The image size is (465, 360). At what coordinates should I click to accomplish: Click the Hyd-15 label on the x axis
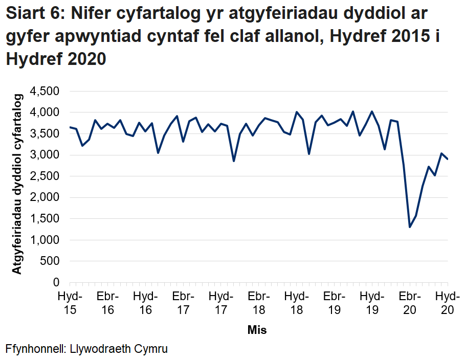pyautogui.click(x=70, y=303)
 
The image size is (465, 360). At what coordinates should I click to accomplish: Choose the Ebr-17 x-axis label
pyautogui.click(x=183, y=303)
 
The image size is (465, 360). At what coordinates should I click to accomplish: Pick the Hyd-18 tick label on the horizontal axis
pyautogui.click(x=296, y=303)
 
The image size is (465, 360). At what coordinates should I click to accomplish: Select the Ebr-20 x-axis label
pyautogui.click(x=410, y=303)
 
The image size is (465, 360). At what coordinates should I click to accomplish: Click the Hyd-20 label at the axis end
pyautogui.click(x=447, y=303)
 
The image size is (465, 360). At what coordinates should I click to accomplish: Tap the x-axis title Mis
pyautogui.click(x=257, y=330)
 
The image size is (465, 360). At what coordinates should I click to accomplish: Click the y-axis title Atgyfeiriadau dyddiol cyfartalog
pyautogui.click(x=17, y=184)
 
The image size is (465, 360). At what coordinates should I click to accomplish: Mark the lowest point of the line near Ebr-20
pyautogui.click(x=410, y=227)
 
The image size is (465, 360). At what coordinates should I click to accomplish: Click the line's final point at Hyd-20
pyautogui.click(x=448, y=159)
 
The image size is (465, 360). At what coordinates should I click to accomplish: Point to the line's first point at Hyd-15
pyautogui.click(x=70, y=127)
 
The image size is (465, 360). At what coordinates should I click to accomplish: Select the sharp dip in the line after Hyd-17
pyautogui.click(x=234, y=161)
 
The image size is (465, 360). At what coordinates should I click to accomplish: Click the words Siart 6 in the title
pyautogui.click(x=33, y=14)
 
